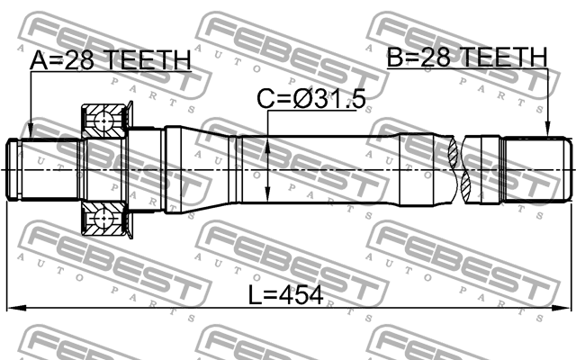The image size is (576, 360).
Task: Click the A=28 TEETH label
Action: tap(111, 61)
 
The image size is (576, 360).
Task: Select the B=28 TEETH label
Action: tap(467, 59)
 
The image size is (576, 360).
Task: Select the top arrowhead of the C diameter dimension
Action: tap(270, 140)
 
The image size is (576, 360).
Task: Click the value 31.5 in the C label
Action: tap(340, 100)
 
